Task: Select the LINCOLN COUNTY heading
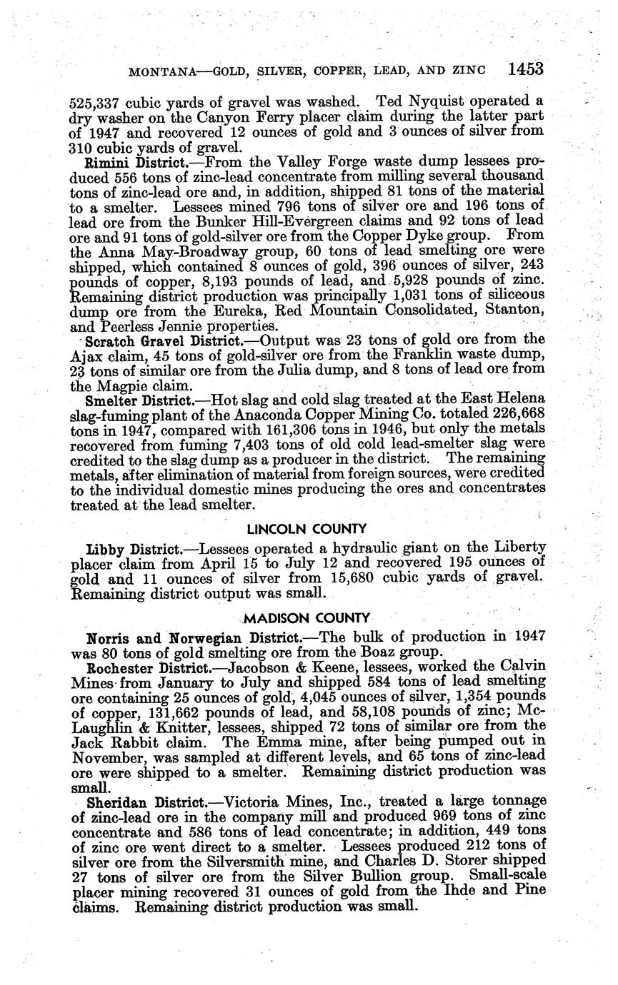pyautogui.click(x=307, y=529)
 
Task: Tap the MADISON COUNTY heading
pyautogui.click(x=307, y=617)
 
